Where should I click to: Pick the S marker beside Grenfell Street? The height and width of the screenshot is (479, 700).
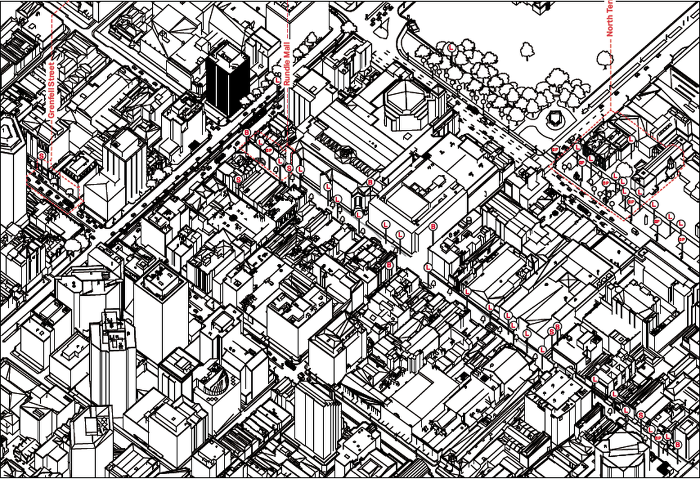41,156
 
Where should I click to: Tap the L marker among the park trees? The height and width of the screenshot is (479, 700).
451,47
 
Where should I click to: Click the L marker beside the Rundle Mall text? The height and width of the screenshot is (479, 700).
277,79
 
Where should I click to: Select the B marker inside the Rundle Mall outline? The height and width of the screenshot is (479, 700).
247,132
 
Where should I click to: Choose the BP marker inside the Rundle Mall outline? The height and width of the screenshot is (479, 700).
269,150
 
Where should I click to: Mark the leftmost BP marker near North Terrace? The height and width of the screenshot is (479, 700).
555,148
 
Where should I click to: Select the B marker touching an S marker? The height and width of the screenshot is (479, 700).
558,327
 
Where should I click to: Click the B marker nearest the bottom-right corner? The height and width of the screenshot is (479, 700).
678,444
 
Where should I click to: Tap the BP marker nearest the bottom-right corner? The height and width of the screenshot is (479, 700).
658,438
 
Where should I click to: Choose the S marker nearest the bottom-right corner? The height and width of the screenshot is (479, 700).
641,415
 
